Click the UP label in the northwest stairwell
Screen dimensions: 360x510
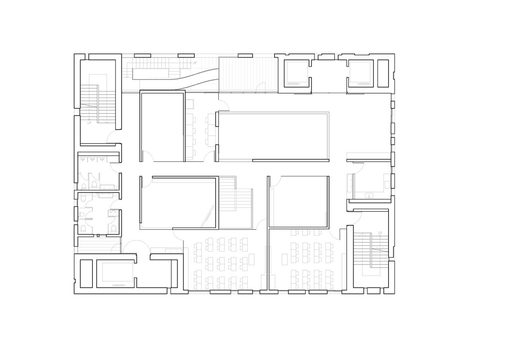pyautogui.click(x=89, y=123)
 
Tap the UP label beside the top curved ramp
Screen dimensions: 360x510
pyautogui.click(x=194, y=63)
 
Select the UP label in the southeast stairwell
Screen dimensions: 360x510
pyautogui.click(x=380, y=233)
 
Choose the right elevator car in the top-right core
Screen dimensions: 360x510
pyautogui.click(x=361, y=73)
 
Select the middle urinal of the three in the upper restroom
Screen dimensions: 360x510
pyautogui.click(x=92, y=158)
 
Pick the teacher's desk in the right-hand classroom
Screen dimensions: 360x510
pyautogui.click(x=284, y=259)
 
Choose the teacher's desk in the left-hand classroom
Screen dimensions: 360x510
pyautogui.click(x=251, y=259)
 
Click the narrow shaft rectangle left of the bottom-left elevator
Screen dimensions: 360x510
pyautogui.click(x=86, y=274)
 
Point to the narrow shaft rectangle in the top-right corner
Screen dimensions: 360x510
pyautogui.click(x=383, y=73)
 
